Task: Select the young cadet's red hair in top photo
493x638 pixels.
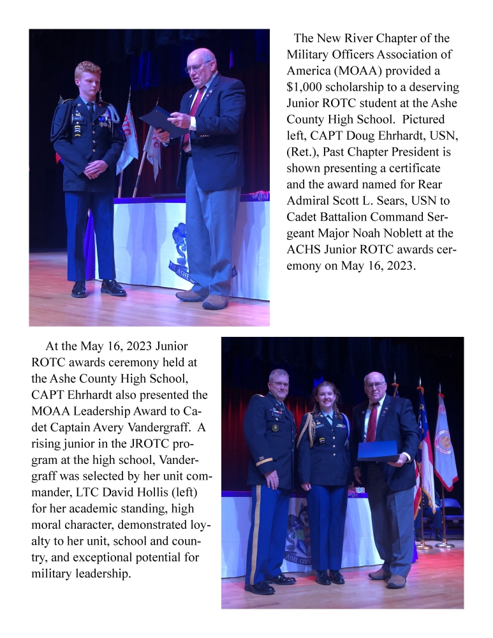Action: [x=87, y=69]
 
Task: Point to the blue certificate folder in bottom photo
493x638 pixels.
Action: [x=378, y=450]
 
